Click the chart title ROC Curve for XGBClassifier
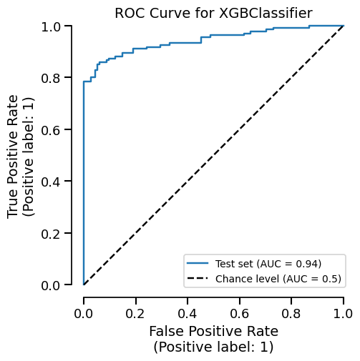point(213,13)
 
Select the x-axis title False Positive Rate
point(213,332)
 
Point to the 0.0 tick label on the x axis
point(84,314)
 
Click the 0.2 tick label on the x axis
point(135,314)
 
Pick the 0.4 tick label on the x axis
point(188,314)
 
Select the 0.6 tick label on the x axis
point(240,314)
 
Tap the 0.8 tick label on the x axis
point(291,314)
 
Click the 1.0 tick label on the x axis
point(344,314)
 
